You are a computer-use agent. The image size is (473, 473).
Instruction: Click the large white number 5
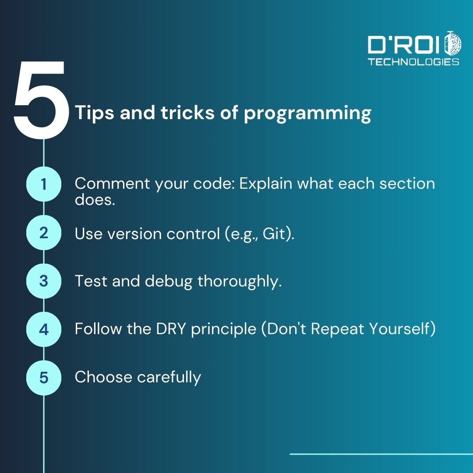(x=40, y=99)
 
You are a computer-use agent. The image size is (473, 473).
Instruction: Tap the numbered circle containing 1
(x=43, y=184)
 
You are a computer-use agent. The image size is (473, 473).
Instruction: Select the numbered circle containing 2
(x=43, y=233)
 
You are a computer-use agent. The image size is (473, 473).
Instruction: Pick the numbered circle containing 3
(x=43, y=281)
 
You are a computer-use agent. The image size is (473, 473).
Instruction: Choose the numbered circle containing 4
(x=43, y=329)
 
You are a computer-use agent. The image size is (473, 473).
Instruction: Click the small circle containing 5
(x=43, y=377)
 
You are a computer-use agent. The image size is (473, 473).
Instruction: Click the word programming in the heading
(x=307, y=113)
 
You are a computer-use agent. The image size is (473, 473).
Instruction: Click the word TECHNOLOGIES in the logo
(x=413, y=62)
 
